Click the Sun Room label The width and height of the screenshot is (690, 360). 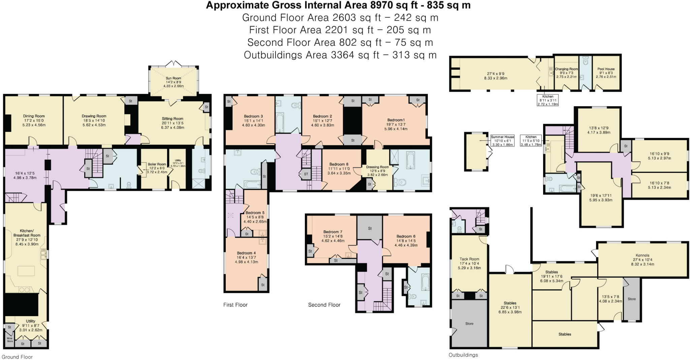[173, 78]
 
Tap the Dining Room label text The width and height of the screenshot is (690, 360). [34, 116]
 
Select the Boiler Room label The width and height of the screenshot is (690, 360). [157, 164]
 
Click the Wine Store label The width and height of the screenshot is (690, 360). [10, 340]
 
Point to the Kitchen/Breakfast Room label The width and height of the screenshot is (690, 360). [27, 233]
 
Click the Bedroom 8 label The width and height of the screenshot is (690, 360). [339, 164]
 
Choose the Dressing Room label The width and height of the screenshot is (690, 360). [377, 167]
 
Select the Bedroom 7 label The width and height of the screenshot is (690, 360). [333, 232]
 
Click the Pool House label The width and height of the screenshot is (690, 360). [606, 69]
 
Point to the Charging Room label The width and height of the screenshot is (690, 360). [566, 69]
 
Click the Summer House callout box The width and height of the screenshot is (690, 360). [502, 141]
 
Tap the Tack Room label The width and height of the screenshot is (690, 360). [469, 259]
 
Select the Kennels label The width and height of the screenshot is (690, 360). [642, 255]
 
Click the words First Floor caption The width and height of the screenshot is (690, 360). [235, 305]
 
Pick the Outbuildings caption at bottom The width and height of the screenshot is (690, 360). [463, 355]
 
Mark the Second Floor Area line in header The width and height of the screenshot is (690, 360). [340, 42]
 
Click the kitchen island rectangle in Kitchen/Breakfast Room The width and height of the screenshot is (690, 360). [26, 271]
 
